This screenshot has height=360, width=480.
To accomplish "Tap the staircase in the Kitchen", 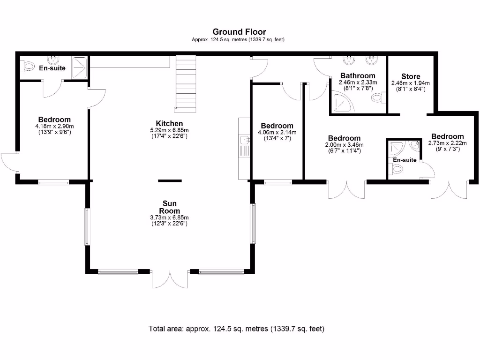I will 185,84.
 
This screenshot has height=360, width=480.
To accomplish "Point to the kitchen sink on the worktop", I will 244,140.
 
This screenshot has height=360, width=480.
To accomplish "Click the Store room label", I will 411,76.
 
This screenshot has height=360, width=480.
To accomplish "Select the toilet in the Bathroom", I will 377,98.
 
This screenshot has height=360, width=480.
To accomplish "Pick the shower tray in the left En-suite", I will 79,65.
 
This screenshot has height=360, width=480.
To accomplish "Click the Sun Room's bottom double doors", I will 170,279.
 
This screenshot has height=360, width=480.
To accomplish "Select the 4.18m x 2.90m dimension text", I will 54,126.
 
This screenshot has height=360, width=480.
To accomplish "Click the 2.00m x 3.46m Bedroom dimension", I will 344,145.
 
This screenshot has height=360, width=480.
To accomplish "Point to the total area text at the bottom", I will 236,329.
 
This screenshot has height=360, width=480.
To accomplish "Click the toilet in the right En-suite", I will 397,171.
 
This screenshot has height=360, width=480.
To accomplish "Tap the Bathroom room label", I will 358,75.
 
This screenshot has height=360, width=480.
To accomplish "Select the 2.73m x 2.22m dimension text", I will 448,143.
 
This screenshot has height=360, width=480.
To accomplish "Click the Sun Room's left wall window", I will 87,227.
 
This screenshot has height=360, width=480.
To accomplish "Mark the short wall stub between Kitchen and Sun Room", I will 170,180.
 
